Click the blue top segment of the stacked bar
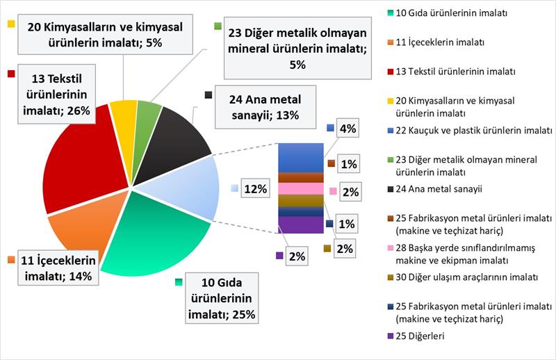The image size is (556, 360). point(300,157)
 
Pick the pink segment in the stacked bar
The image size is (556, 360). point(300,188)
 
